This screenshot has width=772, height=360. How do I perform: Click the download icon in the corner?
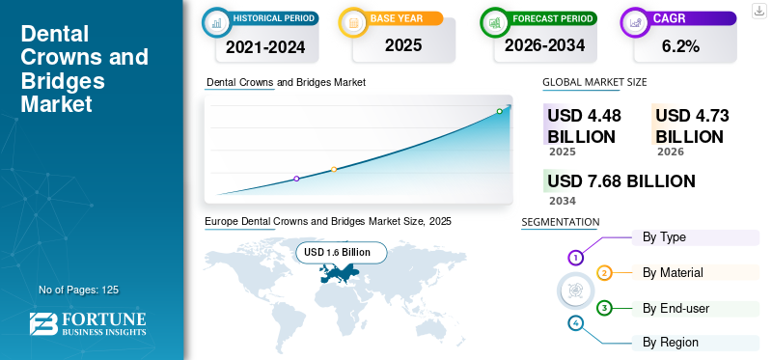click(759, 11)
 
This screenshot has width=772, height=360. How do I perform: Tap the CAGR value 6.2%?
click(681, 46)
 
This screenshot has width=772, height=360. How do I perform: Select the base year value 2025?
click(403, 45)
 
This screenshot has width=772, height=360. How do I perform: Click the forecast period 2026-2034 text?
click(544, 45)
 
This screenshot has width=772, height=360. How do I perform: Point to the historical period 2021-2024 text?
click(266, 46)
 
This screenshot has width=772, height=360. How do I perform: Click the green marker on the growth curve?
click(499, 111)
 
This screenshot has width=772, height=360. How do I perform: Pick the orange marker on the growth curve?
click(334, 170)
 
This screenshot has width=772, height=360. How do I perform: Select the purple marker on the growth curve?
click(296, 179)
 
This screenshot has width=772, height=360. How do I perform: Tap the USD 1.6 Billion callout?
click(342, 253)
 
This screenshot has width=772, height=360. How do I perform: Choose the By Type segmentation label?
click(664, 237)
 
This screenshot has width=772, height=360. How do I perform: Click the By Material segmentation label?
click(673, 272)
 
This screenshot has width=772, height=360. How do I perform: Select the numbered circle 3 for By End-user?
click(604, 309)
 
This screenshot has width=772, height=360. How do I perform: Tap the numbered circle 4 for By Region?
click(575, 323)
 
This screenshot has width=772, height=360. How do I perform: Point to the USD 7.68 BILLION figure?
click(621, 181)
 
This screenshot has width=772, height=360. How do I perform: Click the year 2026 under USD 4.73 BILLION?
click(670, 152)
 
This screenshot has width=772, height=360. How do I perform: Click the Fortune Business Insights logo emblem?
click(43, 324)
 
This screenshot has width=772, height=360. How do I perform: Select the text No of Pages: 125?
click(79, 290)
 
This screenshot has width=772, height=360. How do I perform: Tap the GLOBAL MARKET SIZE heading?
click(594, 82)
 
